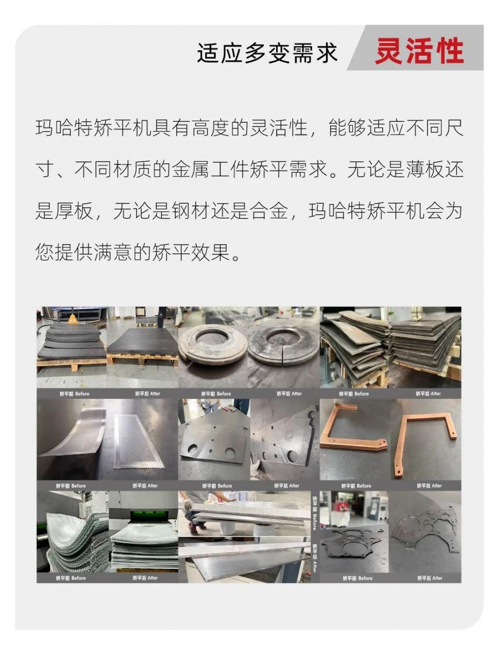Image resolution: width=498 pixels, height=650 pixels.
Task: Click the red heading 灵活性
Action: [419, 51]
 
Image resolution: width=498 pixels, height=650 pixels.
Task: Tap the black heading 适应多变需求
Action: [267, 53]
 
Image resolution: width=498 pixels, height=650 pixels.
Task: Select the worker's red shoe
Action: [194, 530]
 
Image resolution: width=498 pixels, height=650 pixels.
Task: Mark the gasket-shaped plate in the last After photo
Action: [427, 530]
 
